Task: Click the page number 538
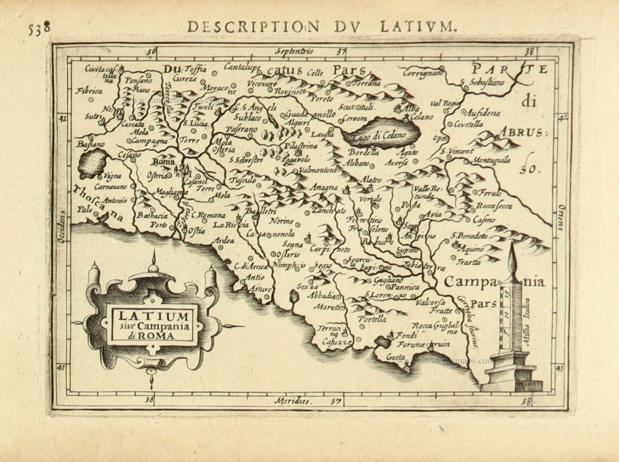[x=38, y=28]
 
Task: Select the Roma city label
[x=163, y=162]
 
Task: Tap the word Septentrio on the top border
[x=295, y=51]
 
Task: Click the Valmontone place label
[x=316, y=169]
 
